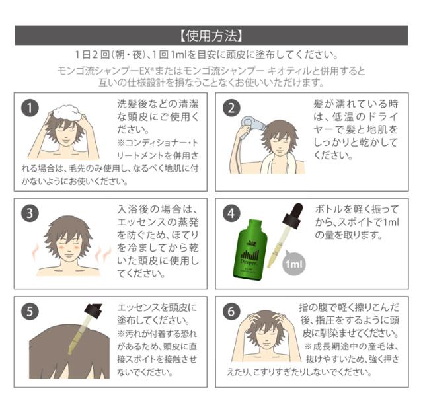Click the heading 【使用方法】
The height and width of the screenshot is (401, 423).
coord(211,35)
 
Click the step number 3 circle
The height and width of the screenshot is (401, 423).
coord(30,213)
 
